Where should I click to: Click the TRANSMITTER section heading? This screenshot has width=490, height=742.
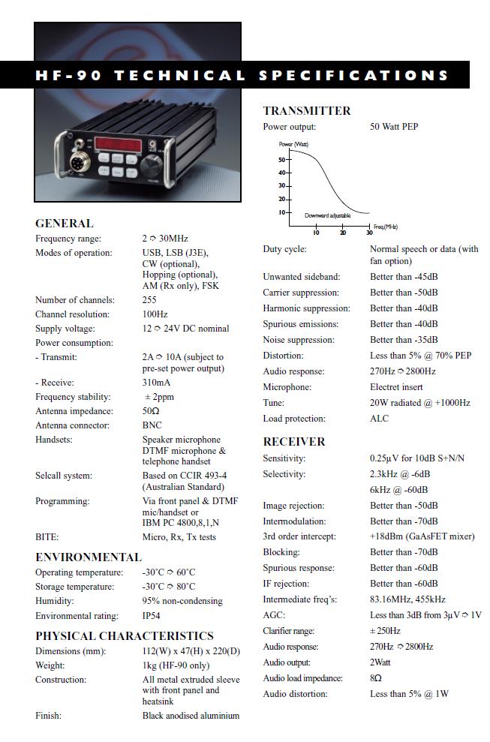tap(306, 111)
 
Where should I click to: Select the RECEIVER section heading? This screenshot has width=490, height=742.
tap(293, 441)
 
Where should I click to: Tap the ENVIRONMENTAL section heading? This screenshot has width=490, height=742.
tap(88, 557)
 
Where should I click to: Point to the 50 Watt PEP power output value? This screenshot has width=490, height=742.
tap(394, 127)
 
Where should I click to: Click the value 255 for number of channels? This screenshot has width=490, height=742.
tap(149, 299)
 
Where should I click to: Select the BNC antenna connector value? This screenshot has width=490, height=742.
tap(152, 425)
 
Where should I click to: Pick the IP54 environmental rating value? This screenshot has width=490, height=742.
tap(152, 616)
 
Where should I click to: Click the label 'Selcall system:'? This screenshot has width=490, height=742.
tap(64, 476)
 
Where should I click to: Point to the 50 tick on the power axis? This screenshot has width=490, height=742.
tap(283, 160)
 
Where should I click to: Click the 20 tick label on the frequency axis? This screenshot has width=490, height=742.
tap(343, 233)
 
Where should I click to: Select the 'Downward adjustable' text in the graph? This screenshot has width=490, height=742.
tap(328, 215)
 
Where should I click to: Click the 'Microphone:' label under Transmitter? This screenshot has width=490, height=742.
tap(287, 387)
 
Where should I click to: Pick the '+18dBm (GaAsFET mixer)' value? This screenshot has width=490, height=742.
tap(422, 536)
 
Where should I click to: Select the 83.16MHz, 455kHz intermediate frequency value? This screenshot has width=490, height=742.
tap(407, 599)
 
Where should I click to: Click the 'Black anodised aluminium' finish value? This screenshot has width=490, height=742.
tap(191, 716)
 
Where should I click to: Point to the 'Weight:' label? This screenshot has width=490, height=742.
tap(50, 665)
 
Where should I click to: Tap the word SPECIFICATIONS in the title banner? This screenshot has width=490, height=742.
tap(353, 76)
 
